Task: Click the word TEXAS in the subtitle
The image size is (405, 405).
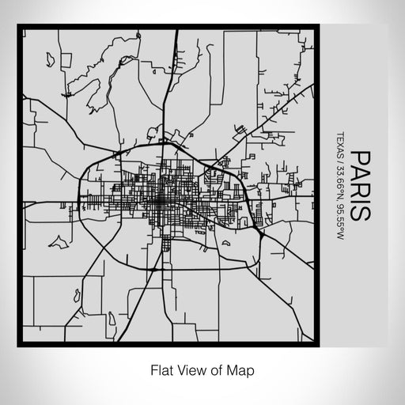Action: (341, 142)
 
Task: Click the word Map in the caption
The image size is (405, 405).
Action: (243, 369)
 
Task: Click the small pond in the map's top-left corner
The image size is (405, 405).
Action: (49, 58)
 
